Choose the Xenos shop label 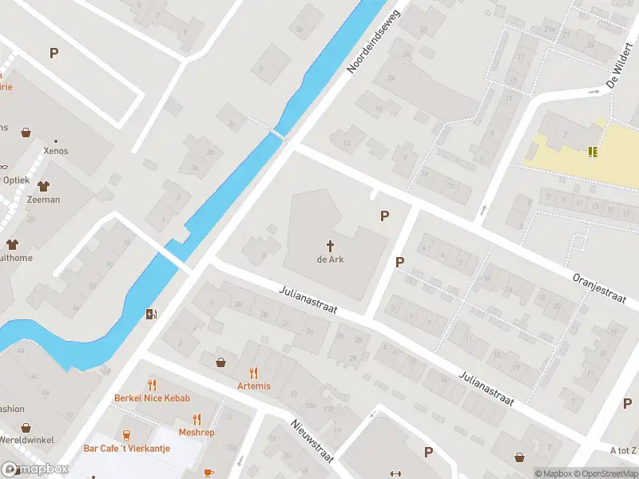point(57,150)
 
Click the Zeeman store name point(43,200)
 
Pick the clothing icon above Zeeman point(43,185)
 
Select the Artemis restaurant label point(254,386)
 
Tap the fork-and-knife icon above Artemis point(254,372)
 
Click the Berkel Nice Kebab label point(151,398)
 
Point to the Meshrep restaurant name point(196,432)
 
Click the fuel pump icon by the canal point(151,314)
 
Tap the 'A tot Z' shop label point(624,450)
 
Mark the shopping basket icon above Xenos point(26,133)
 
